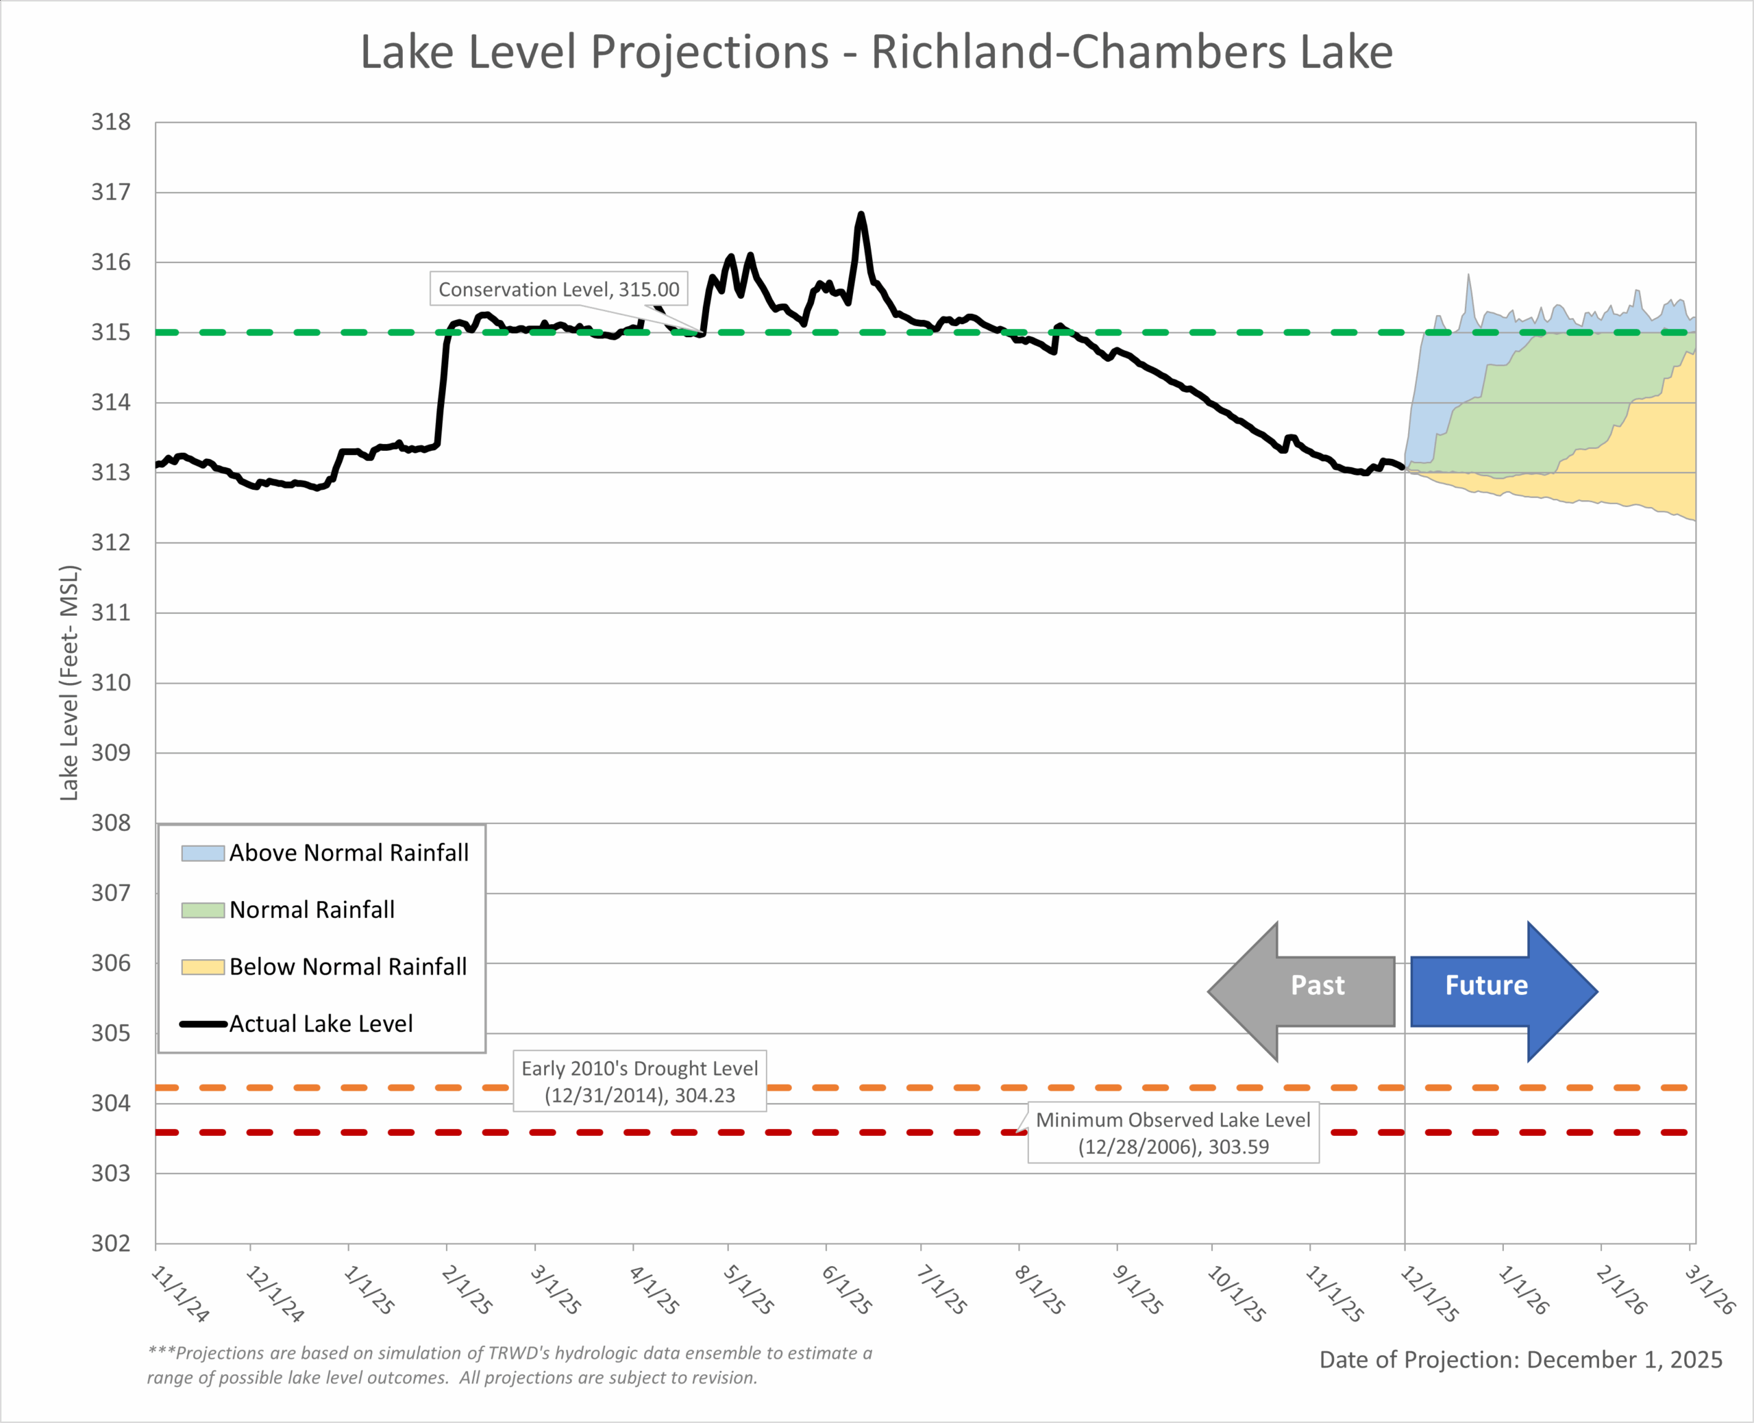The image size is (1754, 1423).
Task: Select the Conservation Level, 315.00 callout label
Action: (558, 289)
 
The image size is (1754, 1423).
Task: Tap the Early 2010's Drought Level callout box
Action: (639, 1081)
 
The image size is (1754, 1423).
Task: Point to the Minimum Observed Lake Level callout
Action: (1173, 1132)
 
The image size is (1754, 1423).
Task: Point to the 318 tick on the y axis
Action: (110, 122)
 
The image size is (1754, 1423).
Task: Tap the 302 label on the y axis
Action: (110, 1243)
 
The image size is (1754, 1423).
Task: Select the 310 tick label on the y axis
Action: (110, 683)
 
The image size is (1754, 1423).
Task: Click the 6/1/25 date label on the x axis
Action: (847, 1289)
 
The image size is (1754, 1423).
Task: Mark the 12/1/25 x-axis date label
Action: (1429, 1294)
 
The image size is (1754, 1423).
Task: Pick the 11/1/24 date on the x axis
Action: (180, 1294)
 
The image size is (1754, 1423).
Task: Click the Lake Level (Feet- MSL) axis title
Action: (70, 683)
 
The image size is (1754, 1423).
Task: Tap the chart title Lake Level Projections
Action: (876, 53)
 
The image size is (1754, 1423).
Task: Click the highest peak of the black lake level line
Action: (861, 214)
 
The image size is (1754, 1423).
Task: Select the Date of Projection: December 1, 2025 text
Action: (1520, 1360)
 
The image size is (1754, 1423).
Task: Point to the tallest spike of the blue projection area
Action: (1468, 276)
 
